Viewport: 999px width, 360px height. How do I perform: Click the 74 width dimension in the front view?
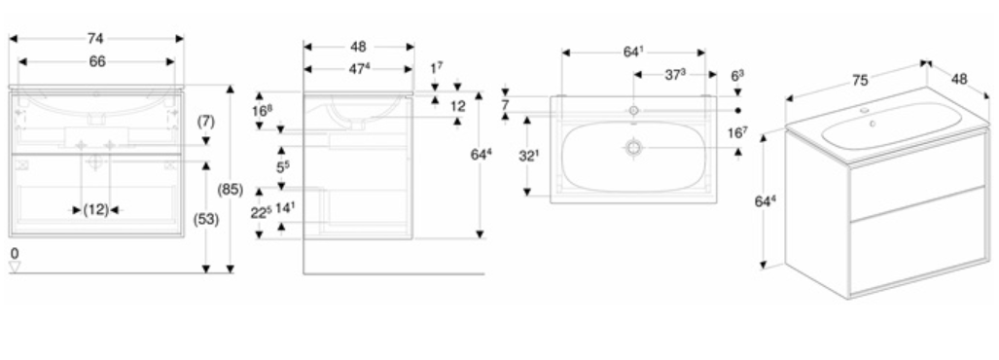pos(95,39)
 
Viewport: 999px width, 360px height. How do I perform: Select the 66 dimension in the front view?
pos(97,62)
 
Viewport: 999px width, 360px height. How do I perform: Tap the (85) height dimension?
pos(231,189)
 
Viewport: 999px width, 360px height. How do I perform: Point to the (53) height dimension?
pos(206,220)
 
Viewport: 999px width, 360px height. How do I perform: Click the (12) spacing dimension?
pos(96,209)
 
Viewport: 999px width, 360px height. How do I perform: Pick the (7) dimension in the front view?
pos(206,121)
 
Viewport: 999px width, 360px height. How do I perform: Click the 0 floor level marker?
pos(15,254)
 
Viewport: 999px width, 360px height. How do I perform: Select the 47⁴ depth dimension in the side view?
pos(359,69)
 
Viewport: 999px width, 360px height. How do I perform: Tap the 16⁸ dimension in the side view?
pos(261,110)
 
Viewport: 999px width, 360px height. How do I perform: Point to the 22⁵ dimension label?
pos(260,213)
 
